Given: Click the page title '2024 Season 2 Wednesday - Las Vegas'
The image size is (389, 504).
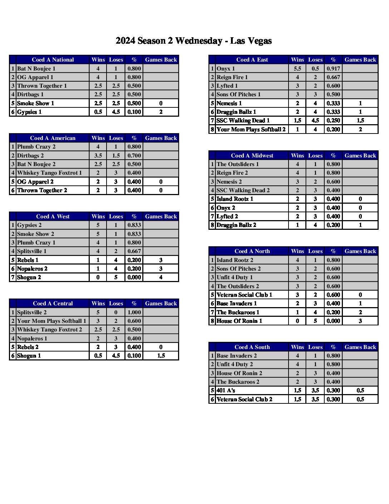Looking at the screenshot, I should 193,41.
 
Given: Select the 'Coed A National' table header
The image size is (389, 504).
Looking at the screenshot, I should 53,60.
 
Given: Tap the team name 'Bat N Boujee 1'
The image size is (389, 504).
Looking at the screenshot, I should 36,69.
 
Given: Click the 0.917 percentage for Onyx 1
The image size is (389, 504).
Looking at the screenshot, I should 333,69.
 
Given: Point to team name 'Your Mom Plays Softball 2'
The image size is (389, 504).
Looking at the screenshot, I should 251,130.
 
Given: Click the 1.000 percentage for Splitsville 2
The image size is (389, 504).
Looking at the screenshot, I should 134,312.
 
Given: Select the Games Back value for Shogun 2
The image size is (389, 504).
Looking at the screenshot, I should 161,277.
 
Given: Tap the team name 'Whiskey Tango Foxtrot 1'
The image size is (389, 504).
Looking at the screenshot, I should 49,173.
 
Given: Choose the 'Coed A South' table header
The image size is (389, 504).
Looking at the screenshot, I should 252,347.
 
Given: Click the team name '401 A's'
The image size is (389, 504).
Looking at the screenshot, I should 226,391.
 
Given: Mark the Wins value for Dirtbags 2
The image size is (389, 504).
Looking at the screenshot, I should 98,156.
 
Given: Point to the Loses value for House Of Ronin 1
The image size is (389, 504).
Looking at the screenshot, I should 315,321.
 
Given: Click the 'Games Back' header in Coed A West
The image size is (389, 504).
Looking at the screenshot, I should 161,217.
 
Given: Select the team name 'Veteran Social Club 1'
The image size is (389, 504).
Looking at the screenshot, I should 244,295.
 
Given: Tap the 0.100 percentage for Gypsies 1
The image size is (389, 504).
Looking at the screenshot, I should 134,112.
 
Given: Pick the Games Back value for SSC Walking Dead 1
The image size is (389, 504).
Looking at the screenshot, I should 360,121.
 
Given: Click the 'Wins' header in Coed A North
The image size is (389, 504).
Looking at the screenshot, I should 297,251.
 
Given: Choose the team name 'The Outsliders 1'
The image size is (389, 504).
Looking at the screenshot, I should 237,164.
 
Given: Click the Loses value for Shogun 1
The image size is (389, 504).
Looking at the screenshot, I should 116,356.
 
